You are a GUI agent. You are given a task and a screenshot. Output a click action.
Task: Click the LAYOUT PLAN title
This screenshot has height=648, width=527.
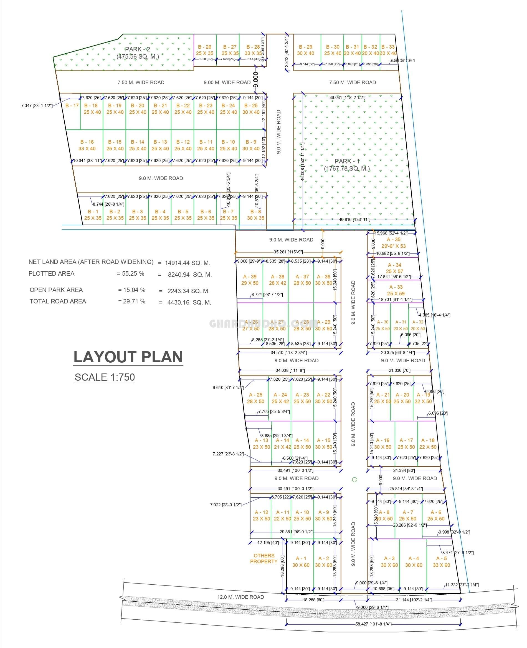click(x=128, y=357)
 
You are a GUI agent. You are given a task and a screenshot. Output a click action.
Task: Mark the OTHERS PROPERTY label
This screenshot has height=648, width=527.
click(x=263, y=559)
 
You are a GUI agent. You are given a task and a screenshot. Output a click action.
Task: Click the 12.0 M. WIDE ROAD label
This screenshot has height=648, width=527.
click(x=240, y=597)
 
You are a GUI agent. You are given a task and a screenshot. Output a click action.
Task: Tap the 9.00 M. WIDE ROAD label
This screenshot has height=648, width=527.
click(x=227, y=83)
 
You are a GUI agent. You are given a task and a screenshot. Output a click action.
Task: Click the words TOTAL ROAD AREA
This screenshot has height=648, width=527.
click(x=58, y=301)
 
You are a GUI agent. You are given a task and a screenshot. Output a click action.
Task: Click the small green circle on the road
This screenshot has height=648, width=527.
click(x=354, y=480)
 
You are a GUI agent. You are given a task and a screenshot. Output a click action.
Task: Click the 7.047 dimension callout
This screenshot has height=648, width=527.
click(x=37, y=106)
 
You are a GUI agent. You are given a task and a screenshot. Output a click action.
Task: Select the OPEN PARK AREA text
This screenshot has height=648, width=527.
click(x=56, y=290)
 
